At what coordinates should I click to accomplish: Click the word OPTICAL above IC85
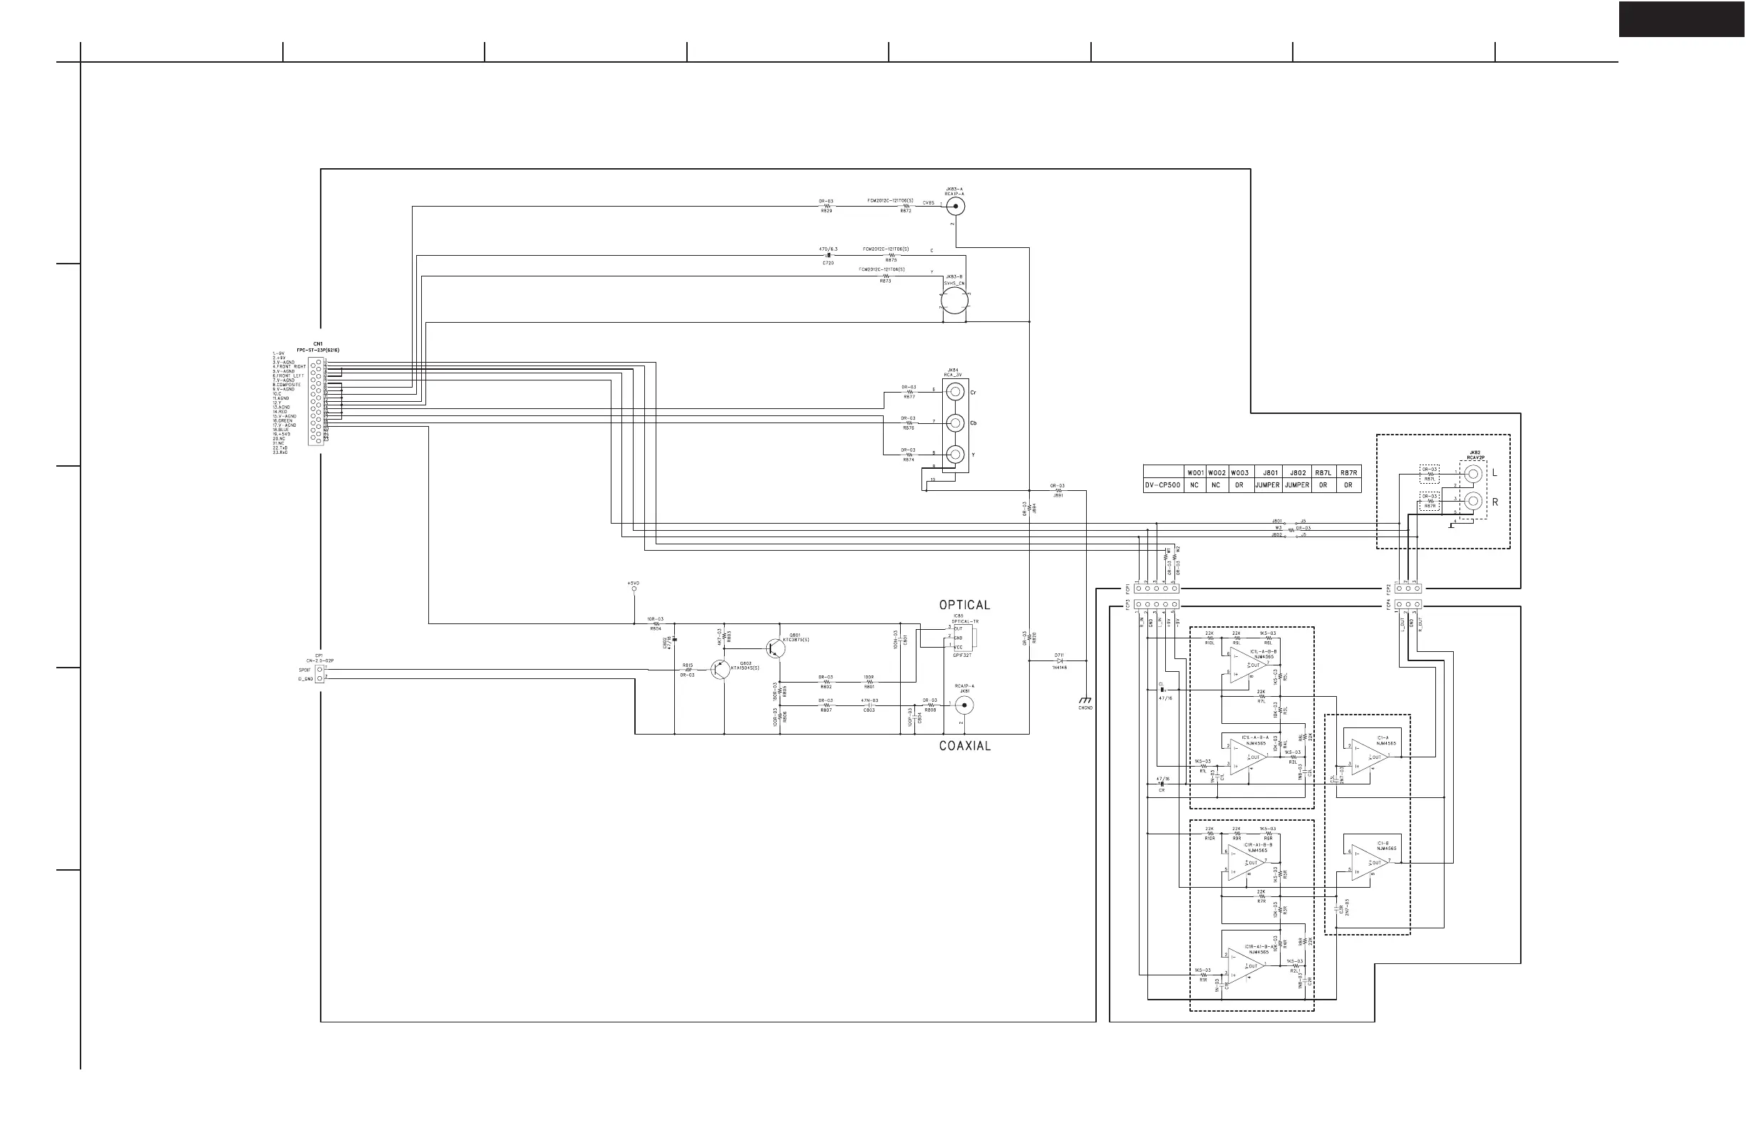(964, 605)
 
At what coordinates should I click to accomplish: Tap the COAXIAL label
(965, 746)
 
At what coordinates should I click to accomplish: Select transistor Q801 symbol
(775, 648)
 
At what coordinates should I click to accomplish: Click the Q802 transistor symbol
(720, 670)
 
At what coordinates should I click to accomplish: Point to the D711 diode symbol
(1059, 660)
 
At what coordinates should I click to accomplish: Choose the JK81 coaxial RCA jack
(964, 705)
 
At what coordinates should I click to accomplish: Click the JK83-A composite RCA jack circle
(955, 206)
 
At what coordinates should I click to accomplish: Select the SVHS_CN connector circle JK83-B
(954, 301)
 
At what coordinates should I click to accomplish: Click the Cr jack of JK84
(955, 393)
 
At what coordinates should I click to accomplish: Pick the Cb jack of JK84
(955, 423)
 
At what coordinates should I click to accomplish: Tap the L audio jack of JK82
(1472, 474)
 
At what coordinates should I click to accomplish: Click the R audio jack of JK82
(1472, 502)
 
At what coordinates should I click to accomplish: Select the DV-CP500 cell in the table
(1164, 484)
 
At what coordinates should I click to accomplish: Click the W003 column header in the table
(1239, 473)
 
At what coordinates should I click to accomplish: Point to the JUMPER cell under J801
(1267, 484)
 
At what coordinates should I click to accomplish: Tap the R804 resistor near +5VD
(656, 624)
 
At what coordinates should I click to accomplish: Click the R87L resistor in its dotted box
(1429, 475)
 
